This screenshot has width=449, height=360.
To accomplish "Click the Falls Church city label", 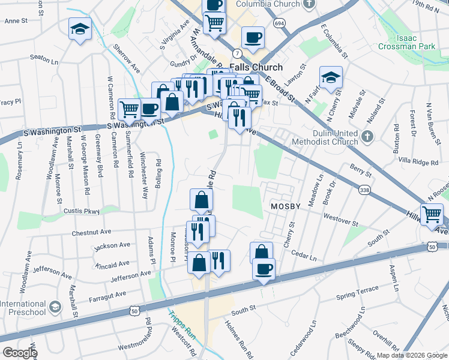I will point(256,68).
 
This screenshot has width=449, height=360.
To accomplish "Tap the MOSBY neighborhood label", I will point(285,206).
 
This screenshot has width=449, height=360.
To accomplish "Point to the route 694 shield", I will point(279,22).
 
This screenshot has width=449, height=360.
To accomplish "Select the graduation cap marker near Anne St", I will point(79,29).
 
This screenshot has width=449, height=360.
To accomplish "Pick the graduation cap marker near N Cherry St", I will point(330,78).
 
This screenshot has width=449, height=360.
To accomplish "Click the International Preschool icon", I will point(55,307).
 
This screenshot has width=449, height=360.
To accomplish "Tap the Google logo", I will point(20,353).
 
